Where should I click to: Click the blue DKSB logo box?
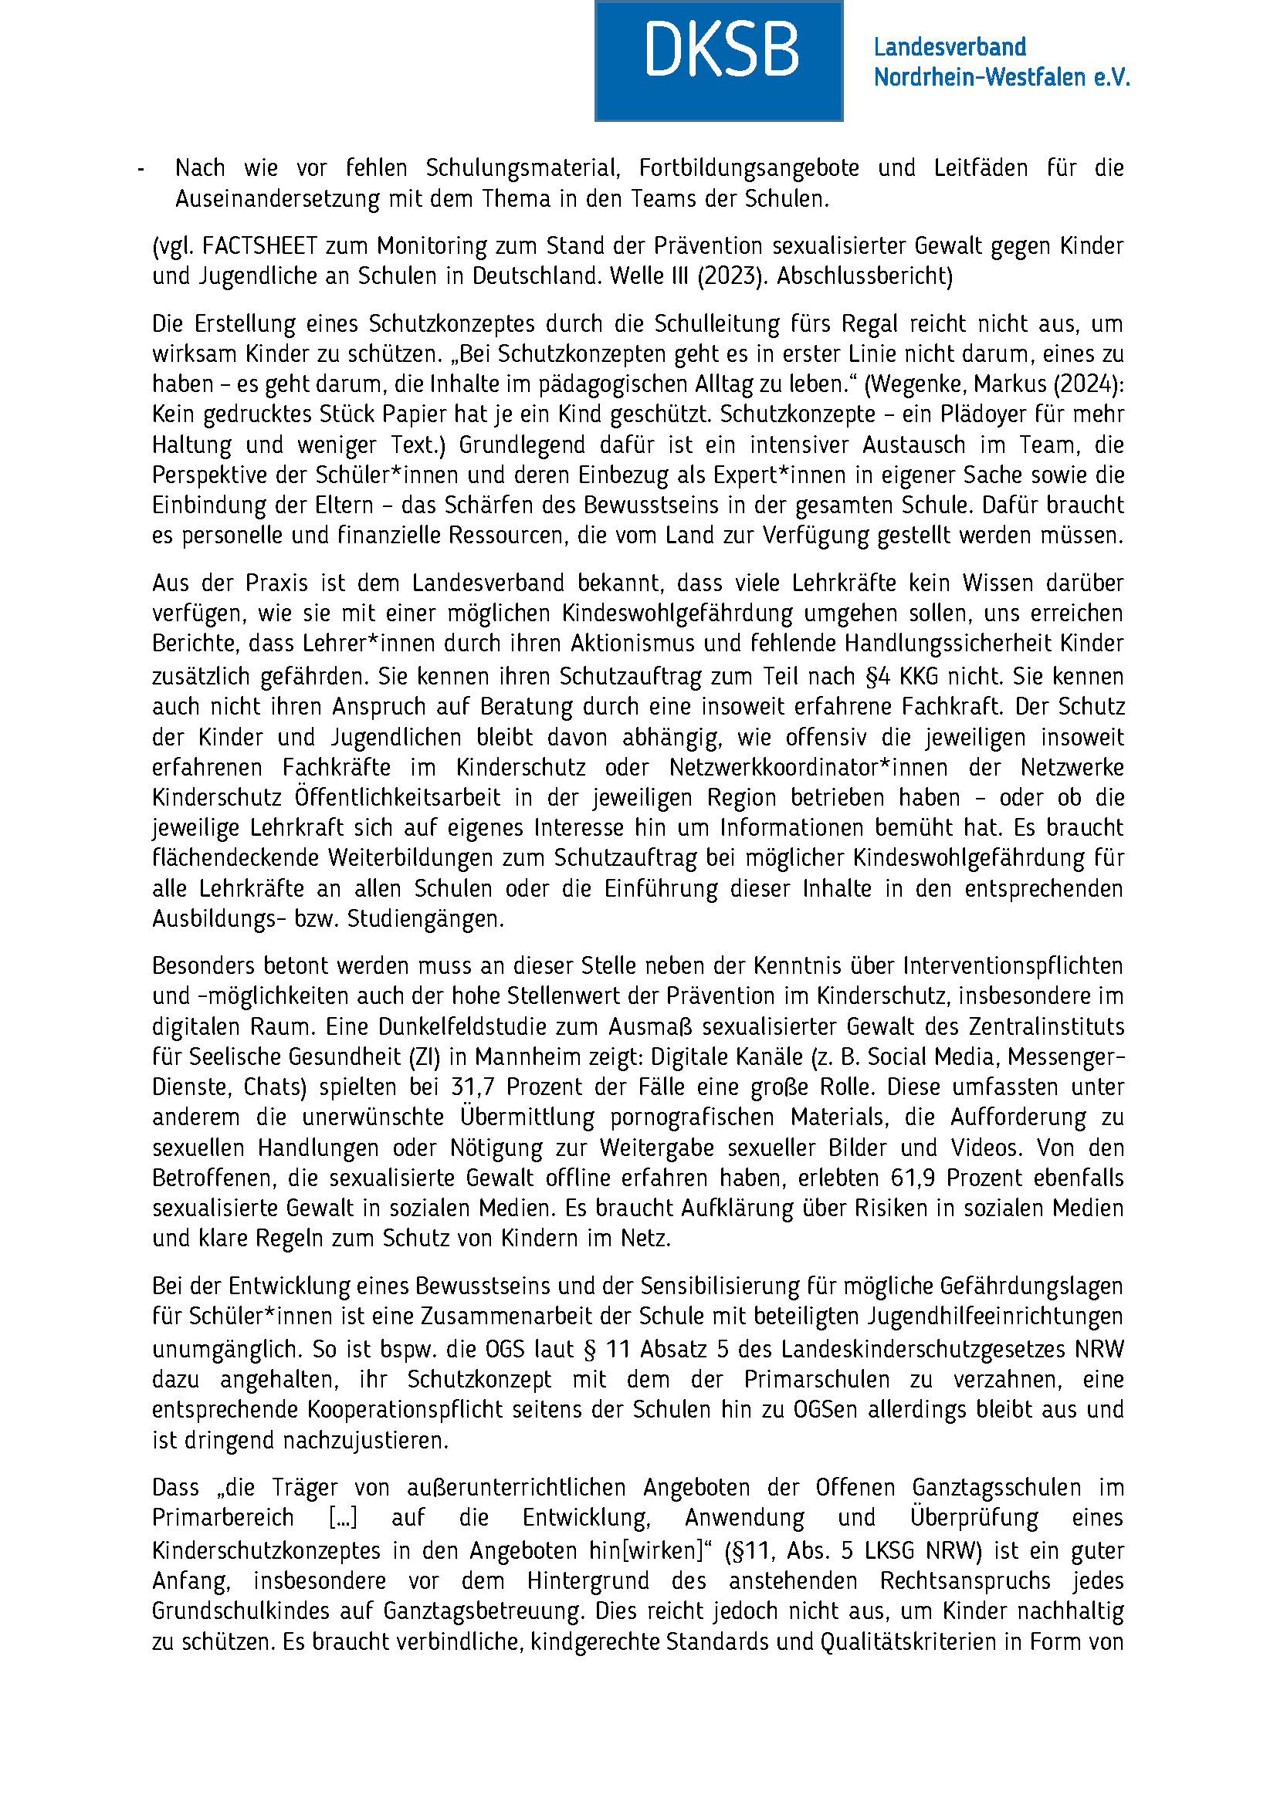(x=719, y=60)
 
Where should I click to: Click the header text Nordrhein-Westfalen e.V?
(x=1001, y=77)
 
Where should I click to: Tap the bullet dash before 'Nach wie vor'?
(x=141, y=169)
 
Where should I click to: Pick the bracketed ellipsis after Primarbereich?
(x=343, y=1517)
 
